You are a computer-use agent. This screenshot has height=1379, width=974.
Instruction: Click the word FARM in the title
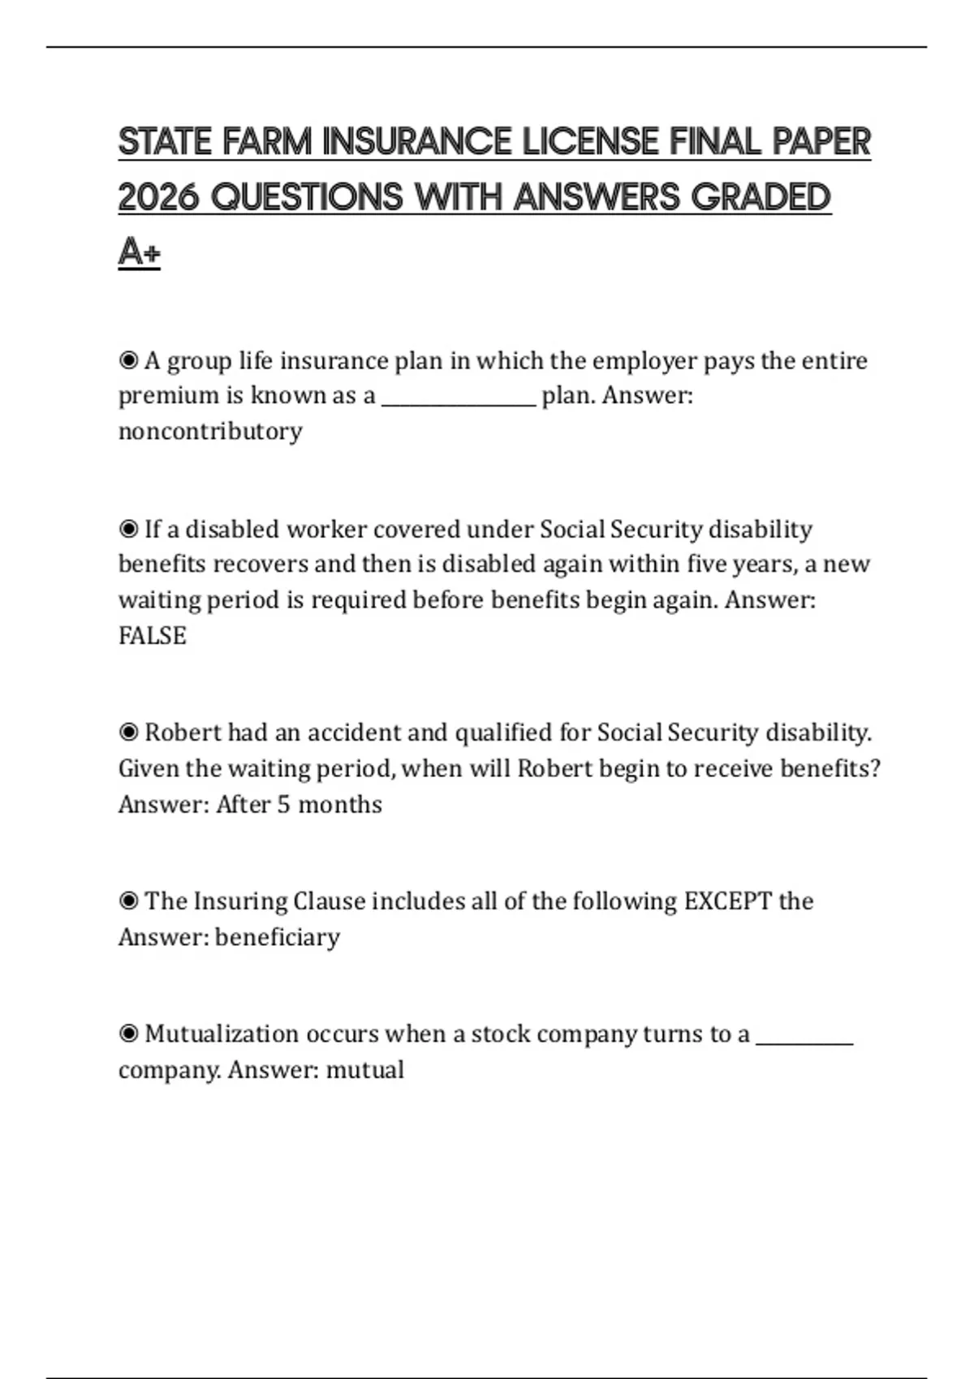(x=267, y=142)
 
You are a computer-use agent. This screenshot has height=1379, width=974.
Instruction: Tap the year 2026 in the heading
(x=158, y=197)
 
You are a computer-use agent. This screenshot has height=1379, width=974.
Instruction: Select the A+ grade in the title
(x=139, y=252)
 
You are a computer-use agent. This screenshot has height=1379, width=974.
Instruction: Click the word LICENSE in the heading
(x=590, y=142)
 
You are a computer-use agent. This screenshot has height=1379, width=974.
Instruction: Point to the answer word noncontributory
(x=210, y=431)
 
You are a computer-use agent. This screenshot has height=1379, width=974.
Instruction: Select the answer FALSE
(x=153, y=635)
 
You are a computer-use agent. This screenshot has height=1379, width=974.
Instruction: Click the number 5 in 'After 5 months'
(x=283, y=804)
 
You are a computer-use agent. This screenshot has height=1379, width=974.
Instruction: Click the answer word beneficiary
(x=278, y=937)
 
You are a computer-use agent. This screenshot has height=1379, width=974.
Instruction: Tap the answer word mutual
(x=364, y=1070)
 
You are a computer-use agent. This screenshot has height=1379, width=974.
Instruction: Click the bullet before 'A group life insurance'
(x=128, y=360)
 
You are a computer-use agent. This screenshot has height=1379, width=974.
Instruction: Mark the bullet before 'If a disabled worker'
(x=128, y=529)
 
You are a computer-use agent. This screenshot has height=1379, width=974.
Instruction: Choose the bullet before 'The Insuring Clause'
(x=128, y=900)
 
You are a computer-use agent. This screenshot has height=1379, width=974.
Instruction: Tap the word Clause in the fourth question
(x=329, y=901)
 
